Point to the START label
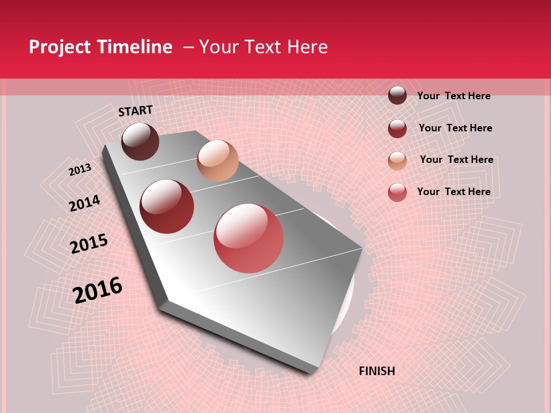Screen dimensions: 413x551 pos(135,111)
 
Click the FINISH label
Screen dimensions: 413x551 pos(377,371)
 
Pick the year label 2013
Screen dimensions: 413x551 pos(80,170)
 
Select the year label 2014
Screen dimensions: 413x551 pos(84,204)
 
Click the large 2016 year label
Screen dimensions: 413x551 pos(98,290)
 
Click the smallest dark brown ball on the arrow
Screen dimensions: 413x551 pos(140,141)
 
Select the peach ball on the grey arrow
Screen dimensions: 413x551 pos(218,161)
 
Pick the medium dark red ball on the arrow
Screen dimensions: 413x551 pos(167,206)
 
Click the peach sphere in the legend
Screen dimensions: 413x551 pos(397,161)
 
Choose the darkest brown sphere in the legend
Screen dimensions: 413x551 pos(397,95)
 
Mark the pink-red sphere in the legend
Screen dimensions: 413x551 pos(397,192)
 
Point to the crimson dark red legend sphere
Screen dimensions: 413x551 pos(397,128)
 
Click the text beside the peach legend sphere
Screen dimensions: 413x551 pos(456,159)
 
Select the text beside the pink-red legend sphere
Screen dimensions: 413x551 pos(453,192)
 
